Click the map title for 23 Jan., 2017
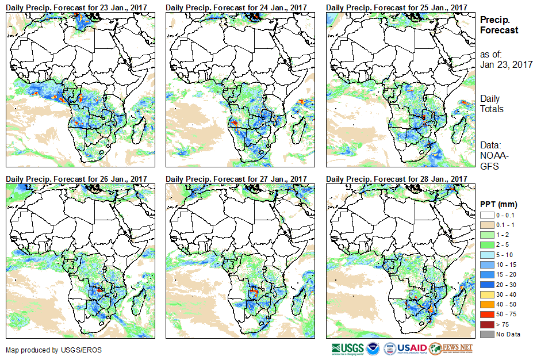point(76,7)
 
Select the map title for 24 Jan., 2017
point(236,7)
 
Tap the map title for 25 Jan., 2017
point(396,7)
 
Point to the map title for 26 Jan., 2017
point(76,179)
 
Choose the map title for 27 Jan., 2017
point(236,179)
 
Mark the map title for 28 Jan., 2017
point(396,179)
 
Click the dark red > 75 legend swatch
point(486,325)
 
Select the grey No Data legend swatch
point(486,334)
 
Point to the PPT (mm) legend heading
point(499,205)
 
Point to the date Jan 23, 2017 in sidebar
point(506,64)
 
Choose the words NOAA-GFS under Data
point(492,161)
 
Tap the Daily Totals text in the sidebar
point(492,104)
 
